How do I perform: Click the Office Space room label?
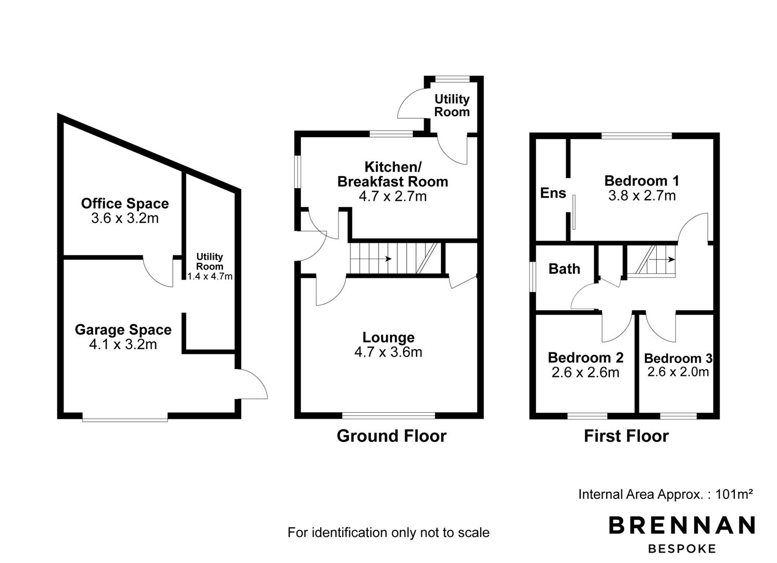click(125, 203)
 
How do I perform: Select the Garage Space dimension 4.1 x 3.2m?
click(123, 345)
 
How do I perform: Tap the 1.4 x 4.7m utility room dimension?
click(210, 276)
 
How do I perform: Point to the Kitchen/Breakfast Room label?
click(393, 174)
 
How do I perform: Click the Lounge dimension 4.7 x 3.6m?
click(388, 352)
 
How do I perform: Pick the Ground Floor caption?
click(392, 436)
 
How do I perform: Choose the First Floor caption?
click(626, 436)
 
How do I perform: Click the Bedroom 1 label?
click(642, 180)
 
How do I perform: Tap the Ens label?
click(553, 193)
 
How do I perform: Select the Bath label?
click(565, 269)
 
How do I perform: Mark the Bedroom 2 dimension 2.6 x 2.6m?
click(585, 373)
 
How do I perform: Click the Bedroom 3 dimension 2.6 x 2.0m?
click(678, 372)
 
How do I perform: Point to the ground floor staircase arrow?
click(371, 259)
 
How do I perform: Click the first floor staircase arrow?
click(662, 260)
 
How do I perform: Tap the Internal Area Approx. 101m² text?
click(666, 494)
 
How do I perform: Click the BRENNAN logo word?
click(682, 525)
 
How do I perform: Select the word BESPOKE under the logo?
click(682, 549)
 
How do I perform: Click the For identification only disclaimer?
click(388, 532)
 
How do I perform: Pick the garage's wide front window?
click(125, 418)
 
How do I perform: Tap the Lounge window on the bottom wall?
click(388, 415)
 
